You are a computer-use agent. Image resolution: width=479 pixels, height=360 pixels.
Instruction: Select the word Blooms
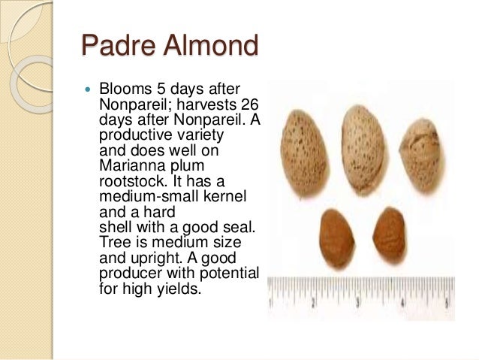[124, 90]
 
